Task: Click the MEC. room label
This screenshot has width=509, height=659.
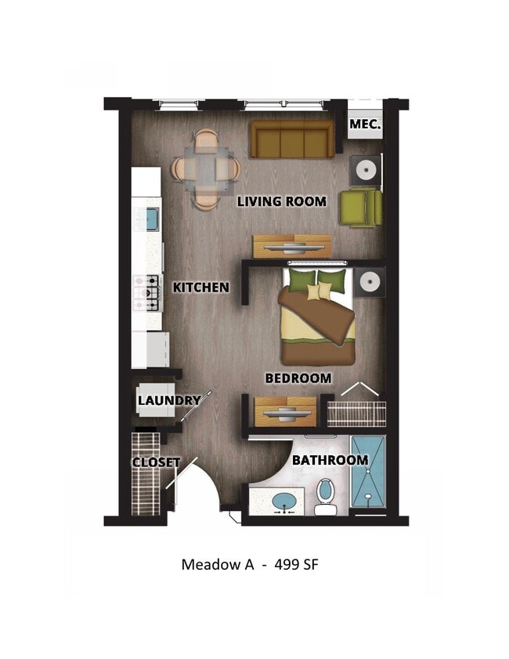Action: [365, 125]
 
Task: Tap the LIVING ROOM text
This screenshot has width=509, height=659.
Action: [282, 201]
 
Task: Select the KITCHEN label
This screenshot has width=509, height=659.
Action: [201, 288]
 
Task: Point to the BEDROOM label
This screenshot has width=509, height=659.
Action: [298, 378]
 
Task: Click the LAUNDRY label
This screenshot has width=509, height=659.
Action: [169, 400]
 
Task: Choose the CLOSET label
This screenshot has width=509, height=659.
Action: [156, 462]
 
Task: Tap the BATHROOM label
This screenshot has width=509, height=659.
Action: [330, 460]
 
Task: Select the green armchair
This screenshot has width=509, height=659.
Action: [360, 208]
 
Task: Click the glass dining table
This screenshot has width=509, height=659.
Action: [208, 168]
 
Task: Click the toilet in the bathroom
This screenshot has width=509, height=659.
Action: [327, 497]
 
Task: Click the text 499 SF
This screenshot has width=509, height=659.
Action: [297, 564]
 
